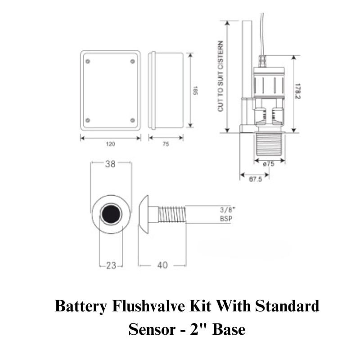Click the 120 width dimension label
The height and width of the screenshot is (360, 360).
[x=111, y=144]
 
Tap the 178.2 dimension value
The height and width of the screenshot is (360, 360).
[x=297, y=90]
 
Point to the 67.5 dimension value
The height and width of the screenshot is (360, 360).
[x=255, y=179]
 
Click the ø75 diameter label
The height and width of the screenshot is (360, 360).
[x=269, y=164]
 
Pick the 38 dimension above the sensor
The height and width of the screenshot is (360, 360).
[x=110, y=164]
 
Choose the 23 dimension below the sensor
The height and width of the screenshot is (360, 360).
[x=111, y=265]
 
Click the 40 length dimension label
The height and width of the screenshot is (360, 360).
[x=162, y=265]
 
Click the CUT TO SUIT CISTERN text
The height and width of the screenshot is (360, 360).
[x=220, y=76]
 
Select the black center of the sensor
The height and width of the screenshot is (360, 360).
[x=111, y=214]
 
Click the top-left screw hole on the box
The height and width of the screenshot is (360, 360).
[x=88, y=61]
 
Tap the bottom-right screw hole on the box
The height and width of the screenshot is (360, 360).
[x=132, y=120]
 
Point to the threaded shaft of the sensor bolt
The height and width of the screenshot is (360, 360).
[x=172, y=214]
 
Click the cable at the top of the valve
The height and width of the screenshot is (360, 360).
[x=262, y=31]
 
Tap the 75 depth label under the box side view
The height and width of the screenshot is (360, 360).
[x=166, y=144]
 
